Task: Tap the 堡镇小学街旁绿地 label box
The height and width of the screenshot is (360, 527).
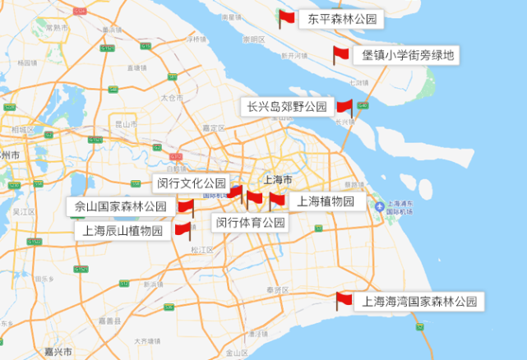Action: pyautogui.click(x=407, y=56)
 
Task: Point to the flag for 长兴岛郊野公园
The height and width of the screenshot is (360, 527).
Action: pyautogui.click(x=344, y=107)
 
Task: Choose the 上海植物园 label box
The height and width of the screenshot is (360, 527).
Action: pyautogui.click(x=325, y=201)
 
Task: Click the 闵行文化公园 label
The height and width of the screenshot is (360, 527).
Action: pyautogui.click(x=190, y=183)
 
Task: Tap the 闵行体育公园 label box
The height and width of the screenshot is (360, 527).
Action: pyautogui.click(x=250, y=222)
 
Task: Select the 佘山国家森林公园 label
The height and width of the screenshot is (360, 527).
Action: pyautogui.click(x=120, y=206)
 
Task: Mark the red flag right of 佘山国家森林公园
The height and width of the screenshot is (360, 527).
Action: pyautogui.click(x=185, y=206)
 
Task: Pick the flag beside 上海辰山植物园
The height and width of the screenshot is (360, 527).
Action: pyautogui.click(x=183, y=230)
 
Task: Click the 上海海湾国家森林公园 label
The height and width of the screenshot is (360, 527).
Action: pyautogui.click(x=419, y=302)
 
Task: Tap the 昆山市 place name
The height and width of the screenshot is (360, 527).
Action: pyautogui.click(x=125, y=124)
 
